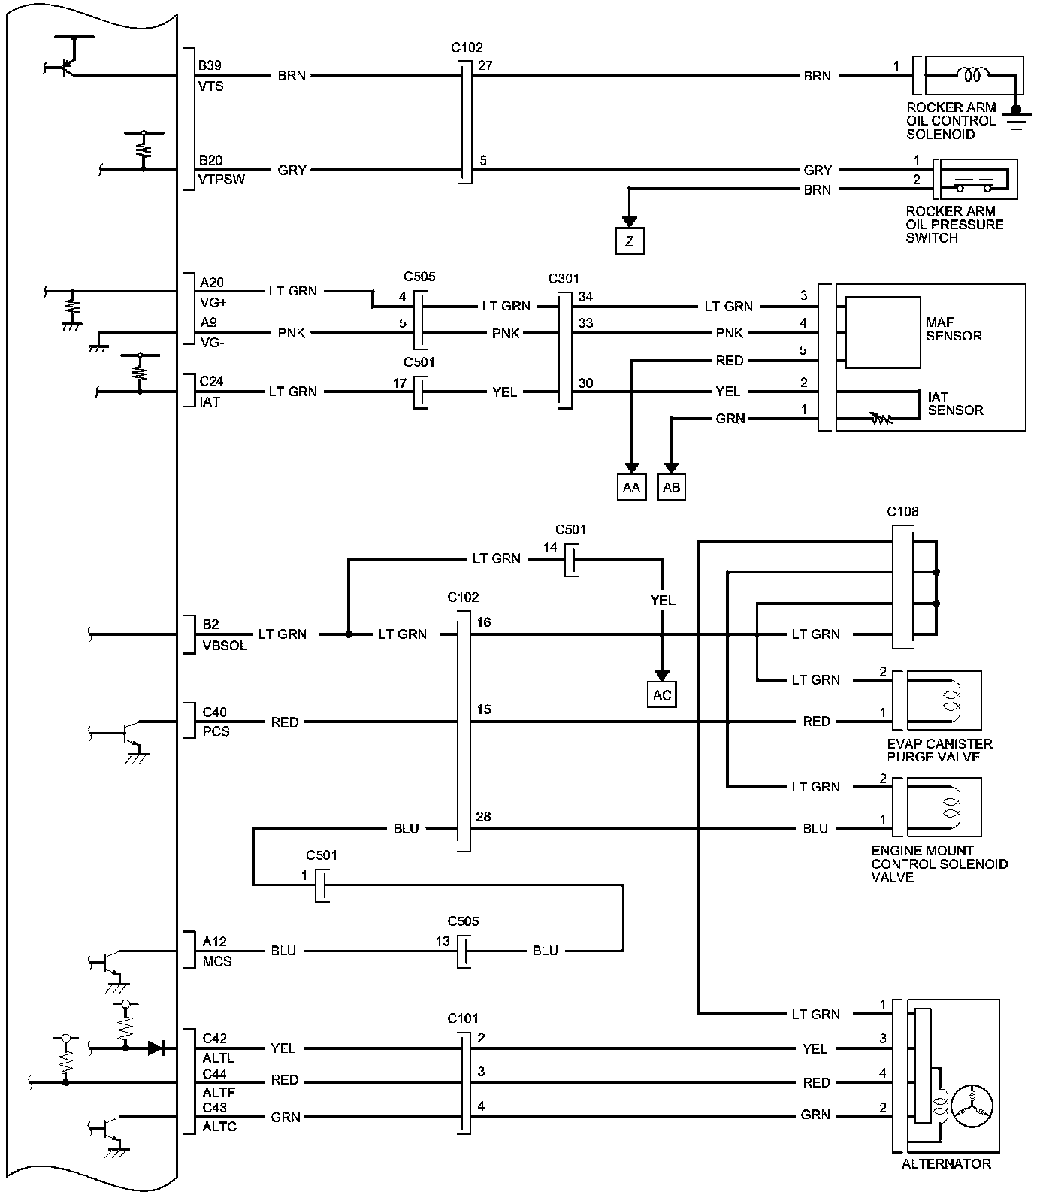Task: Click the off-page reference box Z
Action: [630, 241]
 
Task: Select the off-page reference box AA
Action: [631, 487]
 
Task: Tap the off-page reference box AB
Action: [672, 487]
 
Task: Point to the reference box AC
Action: [662, 694]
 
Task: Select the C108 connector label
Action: [902, 512]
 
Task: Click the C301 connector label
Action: [564, 279]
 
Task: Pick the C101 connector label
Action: [463, 1018]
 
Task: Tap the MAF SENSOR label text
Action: [954, 329]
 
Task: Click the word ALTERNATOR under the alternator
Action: [946, 1164]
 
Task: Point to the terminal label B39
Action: [210, 66]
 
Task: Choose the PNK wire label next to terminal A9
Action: [292, 333]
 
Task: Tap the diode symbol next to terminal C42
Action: [156, 1048]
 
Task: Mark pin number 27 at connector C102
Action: [485, 65]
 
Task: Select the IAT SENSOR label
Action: [955, 404]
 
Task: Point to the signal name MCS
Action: [216, 961]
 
